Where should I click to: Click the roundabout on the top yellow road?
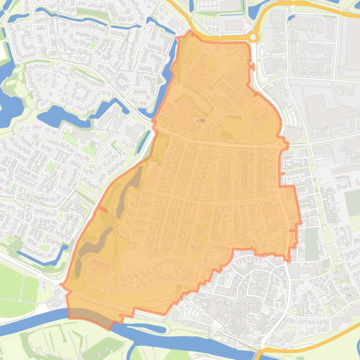[253, 37]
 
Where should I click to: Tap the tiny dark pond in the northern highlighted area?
[202, 121]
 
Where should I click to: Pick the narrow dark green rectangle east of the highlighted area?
[311, 243]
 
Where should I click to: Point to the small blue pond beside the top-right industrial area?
[291, 18]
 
